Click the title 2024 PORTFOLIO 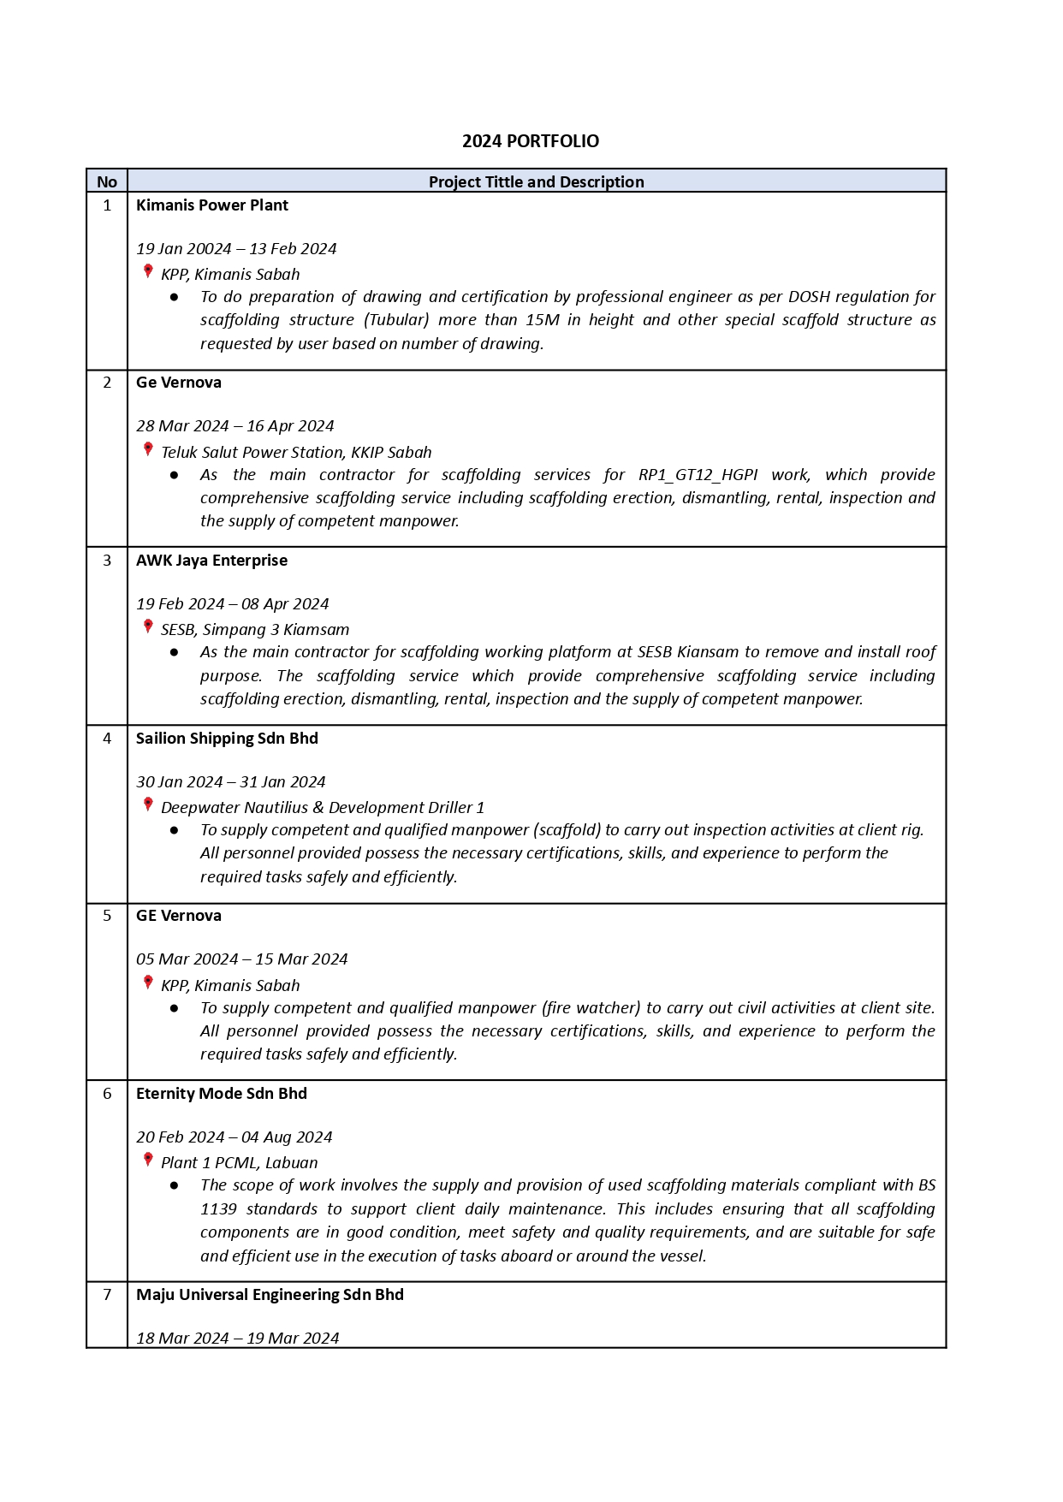[531, 141]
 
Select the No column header [107, 181]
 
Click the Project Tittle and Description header [536, 181]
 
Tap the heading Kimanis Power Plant [212, 205]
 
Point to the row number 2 [107, 383]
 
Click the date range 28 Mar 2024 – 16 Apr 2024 [235, 426]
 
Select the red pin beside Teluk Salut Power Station [148, 449]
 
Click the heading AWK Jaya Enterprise [211, 561]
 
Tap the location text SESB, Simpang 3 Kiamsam [255, 630]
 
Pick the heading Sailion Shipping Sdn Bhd [227, 739]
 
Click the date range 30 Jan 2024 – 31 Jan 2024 [230, 782]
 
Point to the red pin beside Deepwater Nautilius [148, 804]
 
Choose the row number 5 [107, 916]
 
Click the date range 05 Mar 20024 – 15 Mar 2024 [241, 959]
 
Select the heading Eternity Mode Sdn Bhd [221, 1094]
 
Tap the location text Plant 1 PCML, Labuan [239, 1163]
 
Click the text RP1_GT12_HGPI [698, 475]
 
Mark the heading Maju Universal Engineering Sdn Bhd [270, 1295]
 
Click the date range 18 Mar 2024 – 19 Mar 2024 [237, 1339]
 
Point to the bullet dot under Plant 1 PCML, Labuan [175, 1185]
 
